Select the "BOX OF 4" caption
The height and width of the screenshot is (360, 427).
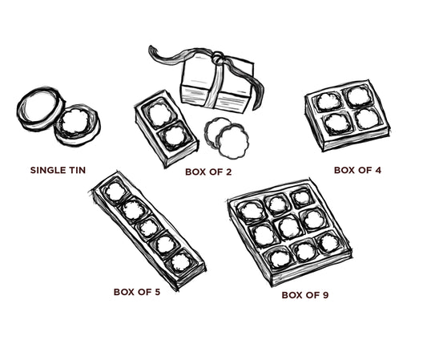click(x=358, y=170)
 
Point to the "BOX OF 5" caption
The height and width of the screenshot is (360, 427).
click(x=136, y=292)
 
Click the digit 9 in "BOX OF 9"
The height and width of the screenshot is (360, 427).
click(x=325, y=295)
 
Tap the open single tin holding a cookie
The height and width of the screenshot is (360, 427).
click(x=78, y=125)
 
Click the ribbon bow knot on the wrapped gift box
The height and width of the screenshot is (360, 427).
click(x=216, y=58)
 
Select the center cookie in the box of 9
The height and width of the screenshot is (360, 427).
click(x=289, y=227)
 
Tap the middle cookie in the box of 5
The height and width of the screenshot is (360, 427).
click(x=148, y=228)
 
